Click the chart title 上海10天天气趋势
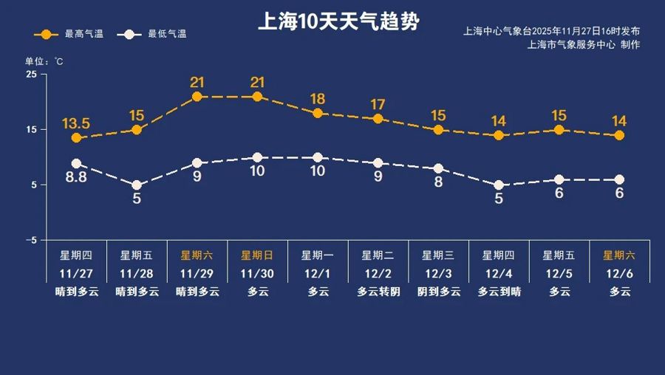pyautogui.click(x=338, y=21)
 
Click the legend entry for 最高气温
pyautogui.click(x=73, y=34)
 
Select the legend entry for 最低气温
pyautogui.click(x=156, y=34)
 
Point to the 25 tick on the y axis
pyautogui.click(x=31, y=75)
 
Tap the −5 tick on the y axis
pyautogui.click(x=31, y=241)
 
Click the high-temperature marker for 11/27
pyautogui.click(x=76, y=138)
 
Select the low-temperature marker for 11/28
pyautogui.click(x=137, y=185)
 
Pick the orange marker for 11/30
pyautogui.click(x=257, y=97)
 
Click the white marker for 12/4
pyautogui.click(x=499, y=185)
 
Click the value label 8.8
pyautogui.click(x=76, y=177)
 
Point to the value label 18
pyautogui.click(x=318, y=98)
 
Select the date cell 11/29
pyautogui.click(x=197, y=273)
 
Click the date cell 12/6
pyautogui.click(x=619, y=273)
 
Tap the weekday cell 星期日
pyautogui.click(x=257, y=255)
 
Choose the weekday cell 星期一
pyautogui.click(x=318, y=255)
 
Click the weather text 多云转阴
pyautogui.click(x=378, y=291)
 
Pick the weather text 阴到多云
pyautogui.click(x=438, y=291)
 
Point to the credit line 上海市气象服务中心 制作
pyautogui.click(x=584, y=44)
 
